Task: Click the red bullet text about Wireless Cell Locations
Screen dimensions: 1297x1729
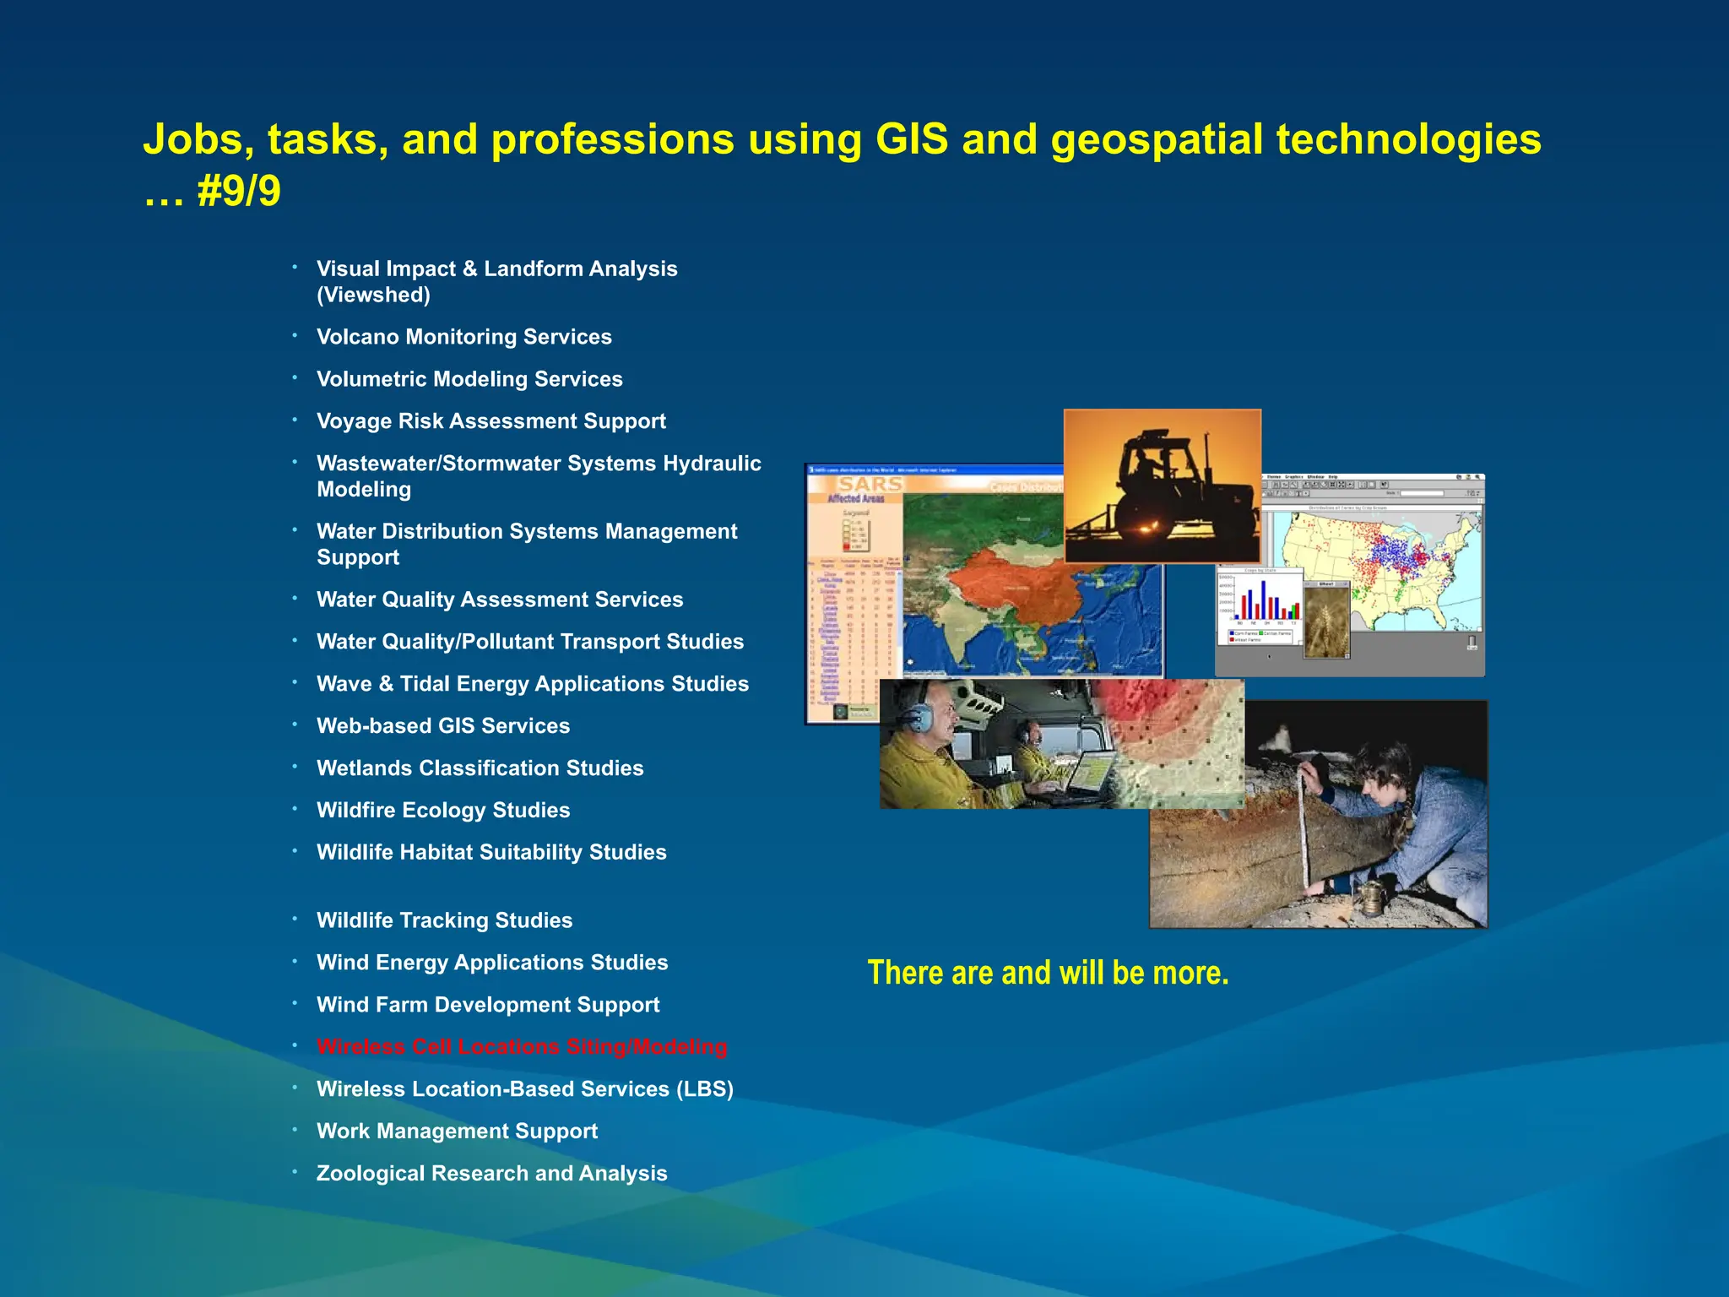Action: pos(521,1047)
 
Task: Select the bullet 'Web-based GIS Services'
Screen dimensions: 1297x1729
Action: pos(442,726)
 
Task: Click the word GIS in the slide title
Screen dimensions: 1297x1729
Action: pos(912,139)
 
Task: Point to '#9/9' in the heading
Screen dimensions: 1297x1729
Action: pos(239,192)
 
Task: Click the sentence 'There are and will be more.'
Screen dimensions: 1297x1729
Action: pos(1048,973)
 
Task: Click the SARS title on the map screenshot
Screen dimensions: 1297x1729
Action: pos(870,485)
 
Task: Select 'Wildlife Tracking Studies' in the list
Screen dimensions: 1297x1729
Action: pos(444,920)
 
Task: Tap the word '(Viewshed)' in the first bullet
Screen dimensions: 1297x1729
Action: pos(373,296)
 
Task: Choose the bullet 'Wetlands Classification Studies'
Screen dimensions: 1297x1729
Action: pos(480,768)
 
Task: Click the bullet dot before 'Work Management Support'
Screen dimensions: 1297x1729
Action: pos(295,1130)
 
